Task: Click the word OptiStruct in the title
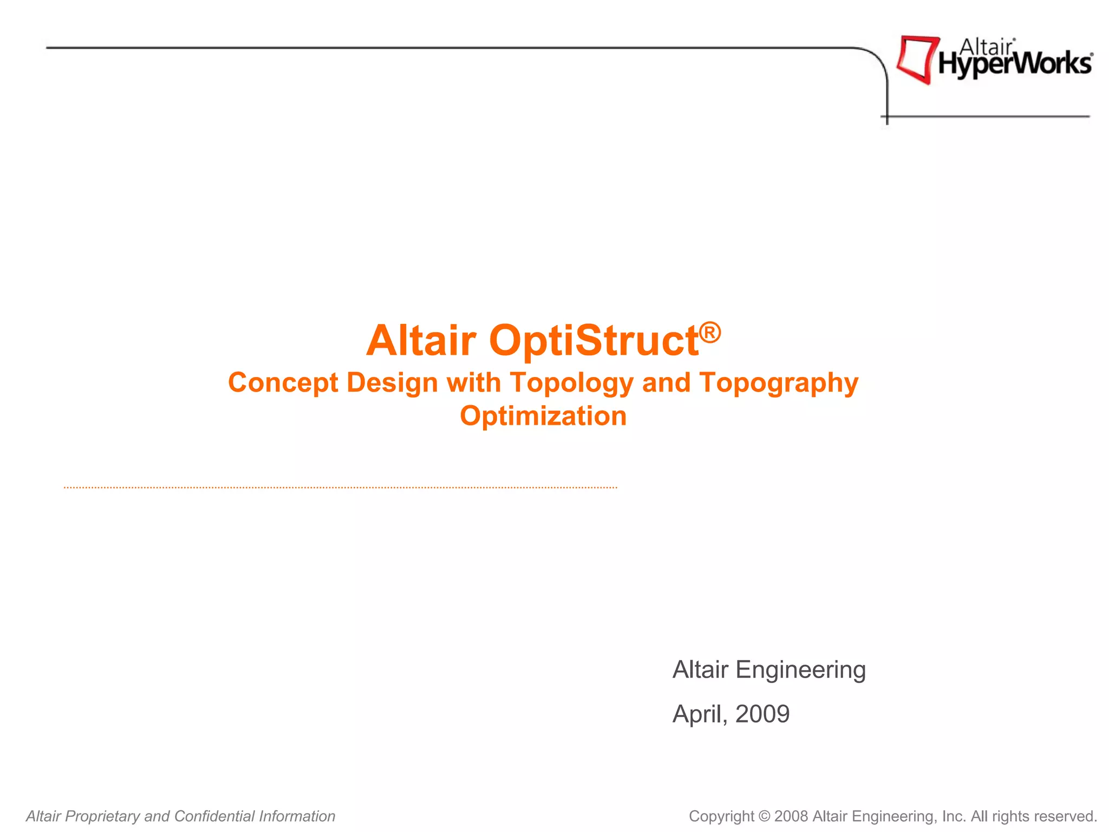[x=593, y=341]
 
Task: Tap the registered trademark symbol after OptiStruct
[x=710, y=331]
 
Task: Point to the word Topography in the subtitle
[x=779, y=383]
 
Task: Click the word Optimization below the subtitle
[x=543, y=416]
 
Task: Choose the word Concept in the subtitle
[x=283, y=383]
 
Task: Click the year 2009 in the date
[x=762, y=714]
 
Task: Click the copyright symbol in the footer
[x=764, y=816]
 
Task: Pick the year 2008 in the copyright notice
[x=791, y=816]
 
